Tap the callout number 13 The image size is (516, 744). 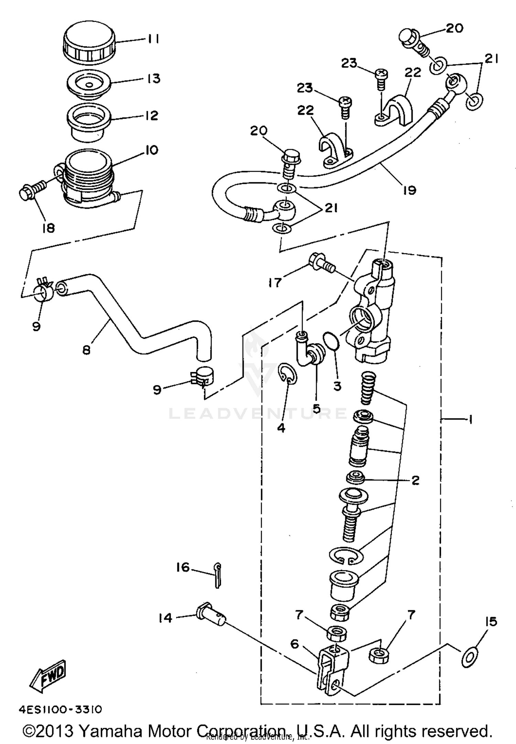154,78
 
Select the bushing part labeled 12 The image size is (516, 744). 88,122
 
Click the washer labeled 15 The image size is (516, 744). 469,658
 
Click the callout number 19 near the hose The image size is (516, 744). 409,190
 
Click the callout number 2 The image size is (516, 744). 415,480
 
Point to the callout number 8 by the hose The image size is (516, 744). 86,350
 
